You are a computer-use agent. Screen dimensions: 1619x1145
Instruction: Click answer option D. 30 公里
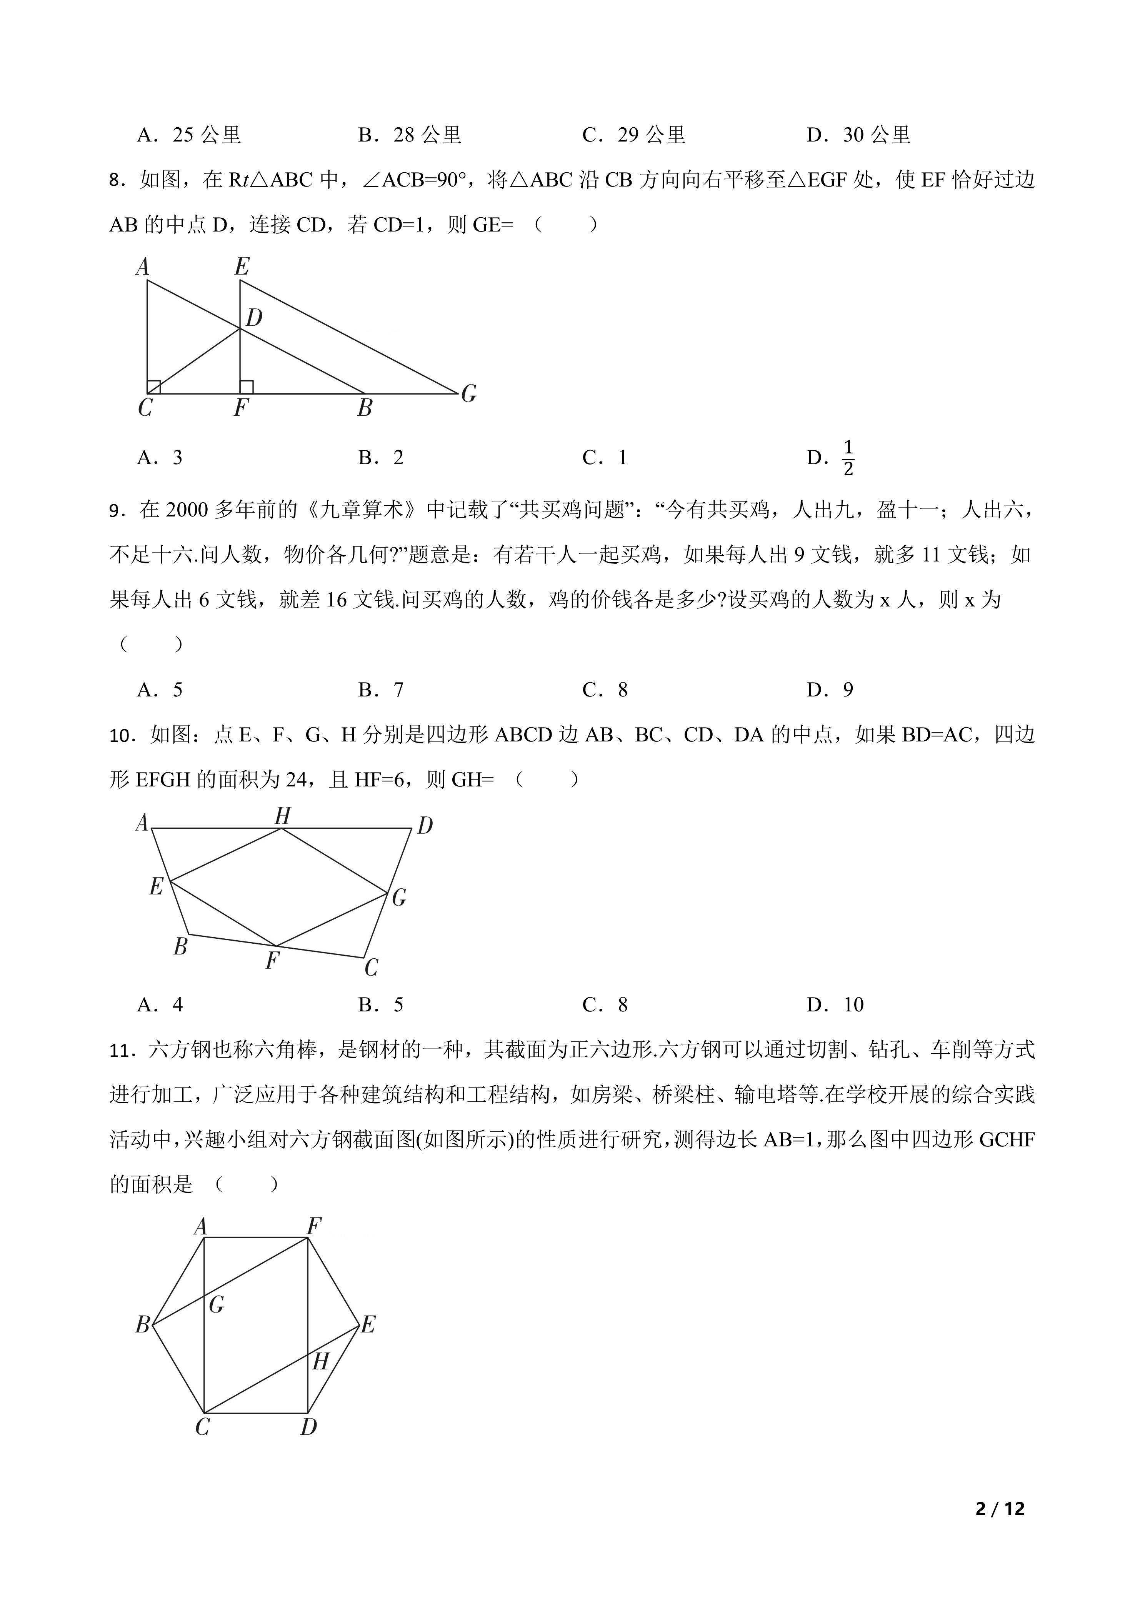859,135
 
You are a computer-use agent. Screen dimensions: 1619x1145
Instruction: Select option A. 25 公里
189,135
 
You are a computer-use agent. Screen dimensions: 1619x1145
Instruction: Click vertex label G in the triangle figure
469,394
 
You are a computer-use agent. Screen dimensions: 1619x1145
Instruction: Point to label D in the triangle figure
254,318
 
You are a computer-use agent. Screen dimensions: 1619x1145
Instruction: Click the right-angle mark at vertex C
154,387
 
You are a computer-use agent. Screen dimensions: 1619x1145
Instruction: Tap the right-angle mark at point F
246,387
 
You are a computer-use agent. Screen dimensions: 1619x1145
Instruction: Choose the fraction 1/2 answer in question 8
848,458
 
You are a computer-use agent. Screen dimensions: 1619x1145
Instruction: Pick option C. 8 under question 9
605,690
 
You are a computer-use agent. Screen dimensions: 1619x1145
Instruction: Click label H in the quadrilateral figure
282,816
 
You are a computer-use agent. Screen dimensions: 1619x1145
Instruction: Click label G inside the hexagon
217,1305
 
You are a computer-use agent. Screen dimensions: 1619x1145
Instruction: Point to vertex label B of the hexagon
142,1326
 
